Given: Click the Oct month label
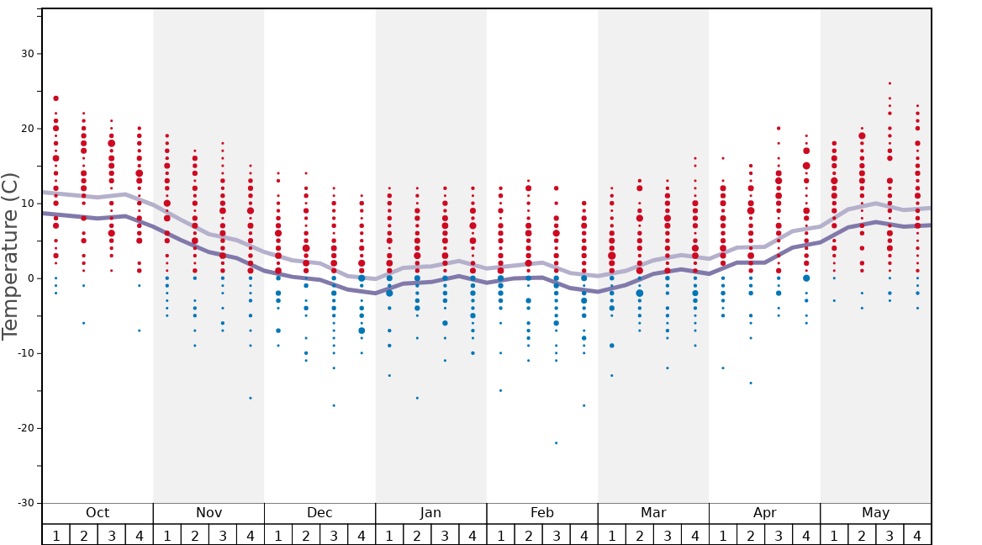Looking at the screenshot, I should click(x=98, y=513).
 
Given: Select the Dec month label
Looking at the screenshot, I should click(x=319, y=513).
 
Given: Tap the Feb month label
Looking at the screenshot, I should click(x=542, y=513).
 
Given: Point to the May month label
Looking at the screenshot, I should click(x=875, y=513).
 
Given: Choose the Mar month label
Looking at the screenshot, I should click(x=653, y=513).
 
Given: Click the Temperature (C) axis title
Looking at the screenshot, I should click(x=10, y=256).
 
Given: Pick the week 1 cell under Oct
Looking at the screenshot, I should click(x=55, y=535).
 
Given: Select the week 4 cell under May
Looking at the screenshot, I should click(x=917, y=535).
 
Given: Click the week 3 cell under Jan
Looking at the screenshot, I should click(x=445, y=535).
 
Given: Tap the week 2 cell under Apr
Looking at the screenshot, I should click(x=751, y=535).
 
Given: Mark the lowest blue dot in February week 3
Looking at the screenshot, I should click(x=556, y=443).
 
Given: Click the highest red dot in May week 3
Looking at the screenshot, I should click(x=890, y=83).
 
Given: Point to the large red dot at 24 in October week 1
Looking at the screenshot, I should click(x=55, y=98).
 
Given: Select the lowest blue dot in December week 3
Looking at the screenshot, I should click(x=334, y=405).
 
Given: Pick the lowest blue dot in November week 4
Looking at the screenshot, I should click(x=250, y=398).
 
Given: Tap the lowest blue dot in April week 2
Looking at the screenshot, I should click(x=751, y=383).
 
